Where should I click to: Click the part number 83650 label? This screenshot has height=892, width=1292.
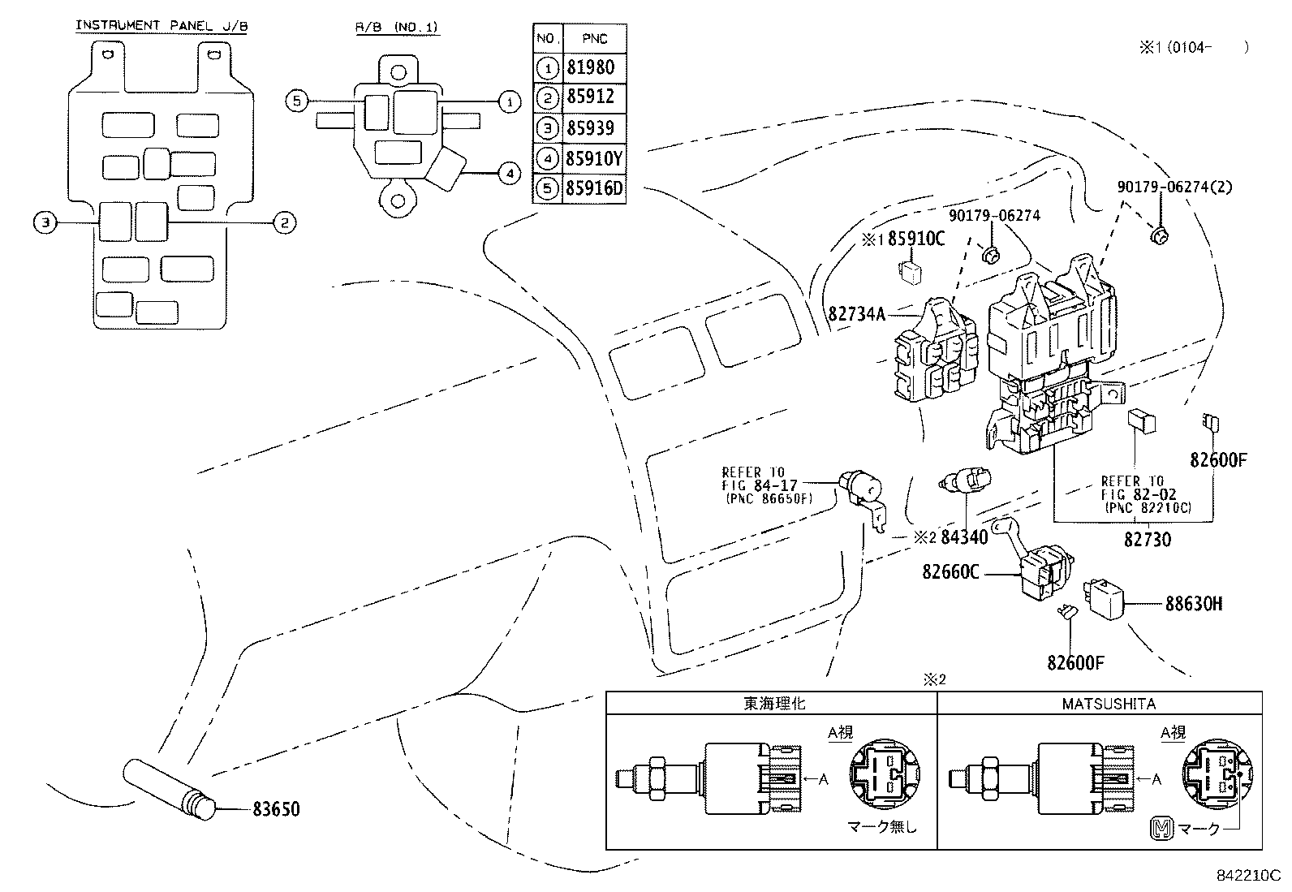[x=276, y=809]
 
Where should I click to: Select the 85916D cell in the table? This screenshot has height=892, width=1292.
[x=594, y=189]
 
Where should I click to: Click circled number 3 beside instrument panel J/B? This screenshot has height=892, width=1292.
[x=46, y=222]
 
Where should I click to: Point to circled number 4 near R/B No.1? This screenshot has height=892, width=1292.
[x=507, y=173]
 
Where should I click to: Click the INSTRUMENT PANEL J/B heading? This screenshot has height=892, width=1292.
[x=161, y=26]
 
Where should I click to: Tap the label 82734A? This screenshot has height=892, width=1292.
[x=857, y=313]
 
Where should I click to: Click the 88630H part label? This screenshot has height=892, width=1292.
[x=1193, y=604]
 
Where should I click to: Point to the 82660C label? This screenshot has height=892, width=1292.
[x=950, y=572]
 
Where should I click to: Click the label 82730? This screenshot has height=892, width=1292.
[x=1147, y=539]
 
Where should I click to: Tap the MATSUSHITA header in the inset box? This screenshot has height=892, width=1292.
[x=1109, y=704]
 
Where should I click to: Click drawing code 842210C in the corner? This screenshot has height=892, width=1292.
[x=1247, y=877]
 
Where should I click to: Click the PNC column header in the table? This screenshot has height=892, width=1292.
[x=595, y=38]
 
